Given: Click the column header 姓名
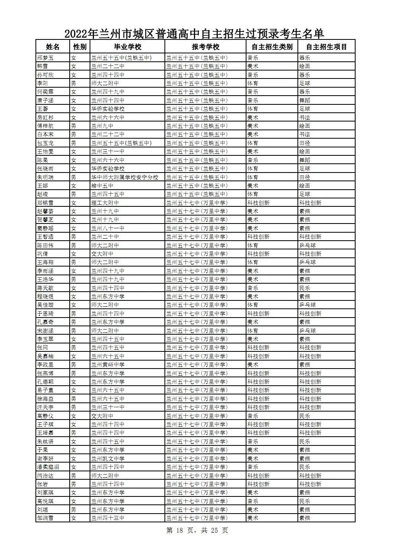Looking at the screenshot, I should pos(53,47).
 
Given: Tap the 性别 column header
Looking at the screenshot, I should pos(80,47).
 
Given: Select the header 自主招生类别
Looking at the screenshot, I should pos(272,47).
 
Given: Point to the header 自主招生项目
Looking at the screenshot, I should pos(327,47).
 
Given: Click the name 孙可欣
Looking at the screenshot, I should pos(45,75).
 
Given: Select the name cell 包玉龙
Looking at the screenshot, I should pos(45,143).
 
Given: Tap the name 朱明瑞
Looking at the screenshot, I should pos(45,177).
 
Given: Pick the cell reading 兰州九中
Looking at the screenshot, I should pos(102,126).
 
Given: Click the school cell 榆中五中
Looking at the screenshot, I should pos(102,186).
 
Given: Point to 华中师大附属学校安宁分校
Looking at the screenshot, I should pos(125,177).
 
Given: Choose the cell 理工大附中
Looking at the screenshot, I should pos(105,203).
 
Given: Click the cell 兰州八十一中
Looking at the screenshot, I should pos(108,228).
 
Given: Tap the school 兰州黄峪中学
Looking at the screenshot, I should pos(108,365).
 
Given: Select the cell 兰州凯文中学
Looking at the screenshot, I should pos(108,459).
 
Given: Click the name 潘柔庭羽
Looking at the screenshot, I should pos(48,467).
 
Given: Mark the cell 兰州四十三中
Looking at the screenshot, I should pos(108,518).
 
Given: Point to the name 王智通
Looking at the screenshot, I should pos(45,237).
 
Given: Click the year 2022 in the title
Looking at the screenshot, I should pos(76,33).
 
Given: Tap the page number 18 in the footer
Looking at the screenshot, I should pos(180,531).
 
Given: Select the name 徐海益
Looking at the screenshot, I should pos(45,399).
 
